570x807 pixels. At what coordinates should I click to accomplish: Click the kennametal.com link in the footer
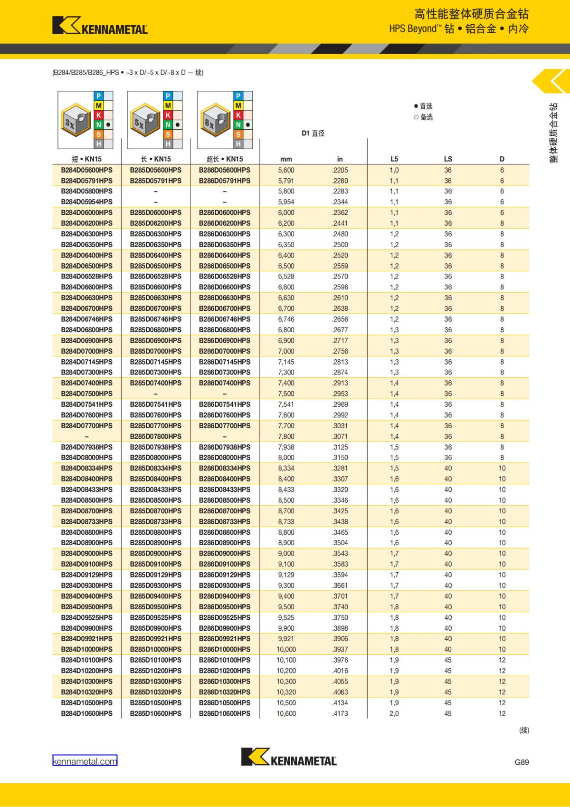(x=85, y=761)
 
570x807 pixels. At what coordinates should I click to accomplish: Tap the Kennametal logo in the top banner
(x=100, y=26)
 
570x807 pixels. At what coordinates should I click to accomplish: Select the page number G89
(x=522, y=762)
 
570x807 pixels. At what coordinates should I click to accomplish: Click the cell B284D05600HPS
(x=87, y=170)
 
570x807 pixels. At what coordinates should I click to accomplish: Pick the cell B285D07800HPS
(x=156, y=436)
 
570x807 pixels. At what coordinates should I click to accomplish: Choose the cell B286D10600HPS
(x=225, y=713)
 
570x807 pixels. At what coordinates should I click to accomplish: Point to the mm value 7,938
(x=286, y=447)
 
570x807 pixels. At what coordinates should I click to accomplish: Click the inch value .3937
(x=340, y=649)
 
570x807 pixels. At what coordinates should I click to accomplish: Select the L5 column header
(x=394, y=159)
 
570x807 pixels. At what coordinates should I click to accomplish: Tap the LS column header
(x=448, y=159)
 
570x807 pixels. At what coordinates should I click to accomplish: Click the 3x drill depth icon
(x=75, y=120)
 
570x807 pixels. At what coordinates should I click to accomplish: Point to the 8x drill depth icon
(x=214, y=120)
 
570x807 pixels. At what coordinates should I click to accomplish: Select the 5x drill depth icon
(x=144, y=120)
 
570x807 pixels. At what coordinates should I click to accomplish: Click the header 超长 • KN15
(x=225, y=159)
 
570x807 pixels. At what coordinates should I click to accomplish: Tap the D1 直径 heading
(x=313, y=134)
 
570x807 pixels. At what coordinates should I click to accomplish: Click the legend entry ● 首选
(x=423, y=106)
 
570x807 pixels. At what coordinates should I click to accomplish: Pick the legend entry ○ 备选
(x=423, y=117)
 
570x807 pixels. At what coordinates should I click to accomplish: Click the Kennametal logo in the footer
(x=289, y=757)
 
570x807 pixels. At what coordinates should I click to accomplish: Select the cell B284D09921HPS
(x=87, y=639)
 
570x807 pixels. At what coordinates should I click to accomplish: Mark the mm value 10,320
(x=286, y=692)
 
